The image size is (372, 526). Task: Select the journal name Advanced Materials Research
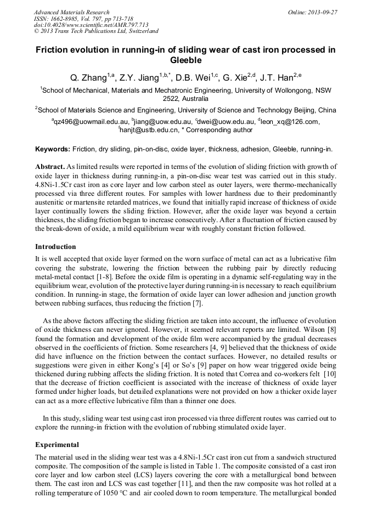(71, 12)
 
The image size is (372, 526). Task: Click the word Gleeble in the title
(185, 60)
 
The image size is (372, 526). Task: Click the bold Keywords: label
(53, 149)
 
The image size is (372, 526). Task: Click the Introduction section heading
(55, 247)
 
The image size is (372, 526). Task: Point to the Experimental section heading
(57, 445)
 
